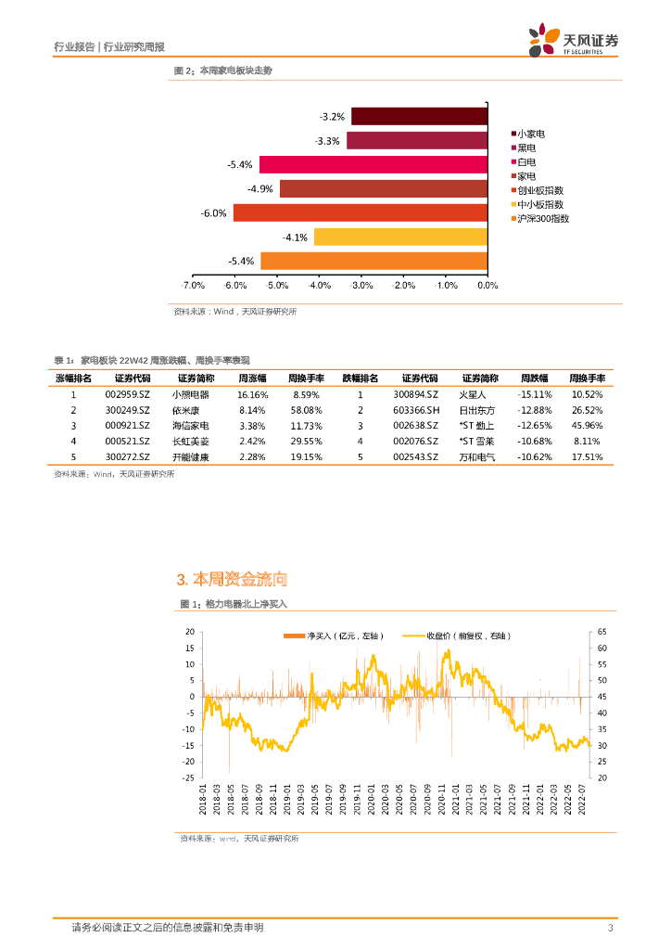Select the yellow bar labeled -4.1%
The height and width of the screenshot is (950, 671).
point(400,237)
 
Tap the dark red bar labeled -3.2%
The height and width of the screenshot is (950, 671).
point(419,116)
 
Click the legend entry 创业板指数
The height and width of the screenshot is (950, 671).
point(540,189)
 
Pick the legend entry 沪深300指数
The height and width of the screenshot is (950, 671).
point(542,219)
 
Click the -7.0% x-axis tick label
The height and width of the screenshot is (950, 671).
point(192,285)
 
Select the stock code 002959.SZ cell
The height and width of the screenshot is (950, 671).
point(128,394)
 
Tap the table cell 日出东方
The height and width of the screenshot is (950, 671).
point(477,410)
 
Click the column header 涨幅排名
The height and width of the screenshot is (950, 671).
point(73,379)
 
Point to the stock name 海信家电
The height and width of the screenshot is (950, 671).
point(190,426)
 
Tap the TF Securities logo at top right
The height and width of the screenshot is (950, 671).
point(573,41)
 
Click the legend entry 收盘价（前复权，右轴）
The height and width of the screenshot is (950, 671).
point(468,635)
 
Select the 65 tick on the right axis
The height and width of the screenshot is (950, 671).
point(602,632)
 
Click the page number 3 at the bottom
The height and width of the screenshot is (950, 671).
point(610,928)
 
